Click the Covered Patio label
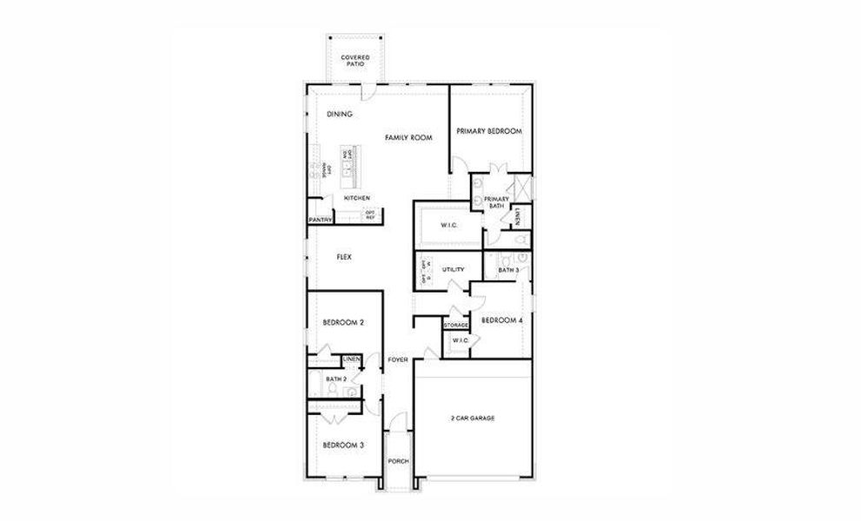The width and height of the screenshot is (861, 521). [354, 61]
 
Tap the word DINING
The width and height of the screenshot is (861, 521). [339, 114]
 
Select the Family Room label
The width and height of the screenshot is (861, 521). [409, 138]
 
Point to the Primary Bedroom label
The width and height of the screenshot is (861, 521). [489, 131]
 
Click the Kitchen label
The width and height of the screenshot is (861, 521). [356, 198]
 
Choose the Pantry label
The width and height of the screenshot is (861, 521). [320, 221]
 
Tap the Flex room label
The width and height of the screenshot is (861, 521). [344, 257]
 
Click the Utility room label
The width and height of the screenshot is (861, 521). [454, 270]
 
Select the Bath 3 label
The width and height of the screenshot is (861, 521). [508, 271]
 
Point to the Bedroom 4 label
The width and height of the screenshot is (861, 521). [502, 320]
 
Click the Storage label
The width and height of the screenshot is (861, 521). [456, 325]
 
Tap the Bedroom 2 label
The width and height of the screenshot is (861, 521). [342, 322]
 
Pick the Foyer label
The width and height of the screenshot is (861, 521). [398, 359]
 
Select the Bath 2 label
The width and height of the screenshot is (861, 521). [336, 379]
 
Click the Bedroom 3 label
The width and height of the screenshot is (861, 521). [342, 445]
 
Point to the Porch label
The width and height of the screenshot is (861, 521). [399, 461]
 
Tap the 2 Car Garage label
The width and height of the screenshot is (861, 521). [472, 419]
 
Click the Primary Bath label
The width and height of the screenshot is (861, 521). [496, 202]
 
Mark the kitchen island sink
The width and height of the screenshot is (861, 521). [347, 172]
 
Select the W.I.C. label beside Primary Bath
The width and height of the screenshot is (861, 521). [448, 226]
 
